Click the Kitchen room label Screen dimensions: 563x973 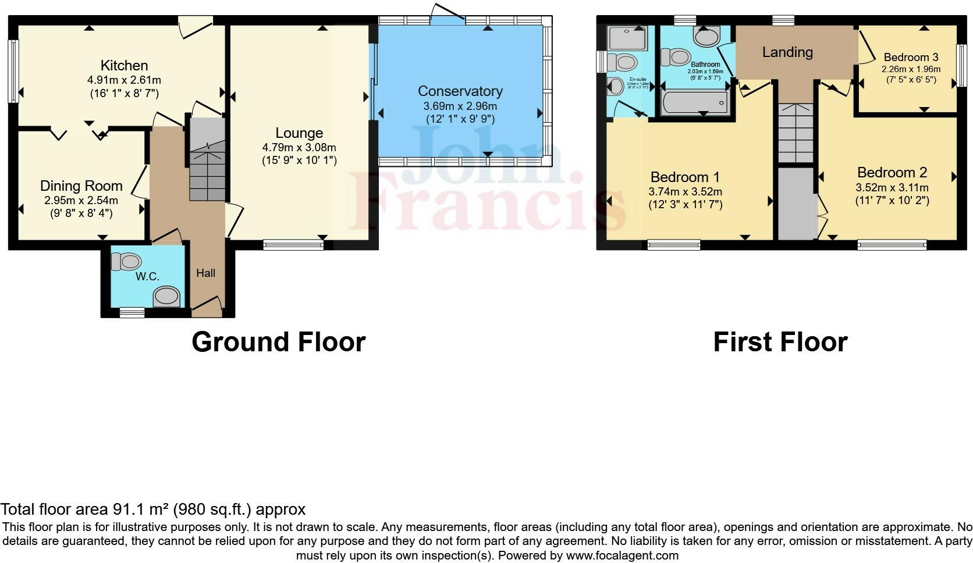click(x=124, y=65)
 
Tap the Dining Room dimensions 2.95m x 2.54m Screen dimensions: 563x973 click(x=81, y=200)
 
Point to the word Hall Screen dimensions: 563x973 click(x=205, y=273)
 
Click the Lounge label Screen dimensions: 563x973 click(x=299, y=133)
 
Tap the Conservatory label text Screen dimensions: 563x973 click(x=460, y=91)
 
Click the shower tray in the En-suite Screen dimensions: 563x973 click(x=623, y=38)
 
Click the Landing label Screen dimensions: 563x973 click(x=787, y=52)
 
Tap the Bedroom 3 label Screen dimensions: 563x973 click(x=911, y=57)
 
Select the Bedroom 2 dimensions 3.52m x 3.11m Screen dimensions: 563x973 click(x=892, y=187)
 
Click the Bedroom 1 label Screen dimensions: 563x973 click(x=685, y=177)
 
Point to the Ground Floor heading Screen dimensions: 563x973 click(x=278, y=342)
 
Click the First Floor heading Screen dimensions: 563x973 click(x=780, y=342)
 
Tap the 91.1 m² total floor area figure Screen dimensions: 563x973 click(x=140, y=510)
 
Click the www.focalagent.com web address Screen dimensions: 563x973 click(x=622, y=555)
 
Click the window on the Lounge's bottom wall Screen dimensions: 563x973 click(x=293, y=245)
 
